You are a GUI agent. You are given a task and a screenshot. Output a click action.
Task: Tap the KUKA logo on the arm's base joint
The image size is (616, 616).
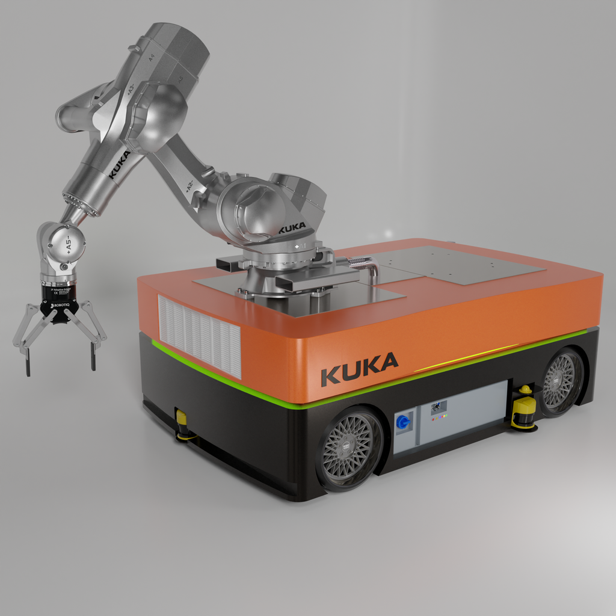pyautogui.click(x=292, y=228)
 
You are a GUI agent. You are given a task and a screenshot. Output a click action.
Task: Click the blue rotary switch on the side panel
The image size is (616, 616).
pyautogui.click(x=402, y=422)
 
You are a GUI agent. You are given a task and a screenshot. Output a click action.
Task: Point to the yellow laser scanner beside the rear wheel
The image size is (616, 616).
pyautogui.click(x=524, y=409)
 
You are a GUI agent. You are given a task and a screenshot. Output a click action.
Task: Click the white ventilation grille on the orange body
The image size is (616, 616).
pyautogui.click(x=199, y=335)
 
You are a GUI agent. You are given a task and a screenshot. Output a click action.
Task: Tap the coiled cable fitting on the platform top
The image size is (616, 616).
pyautogui.click(x=359, y=261)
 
